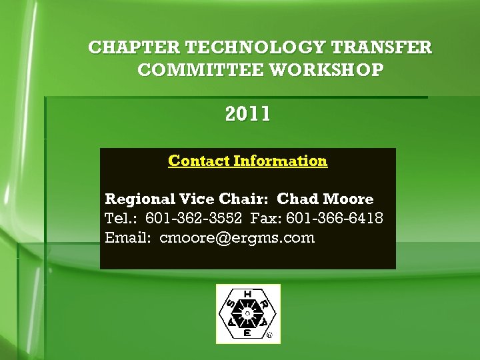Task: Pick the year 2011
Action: click(248, 115)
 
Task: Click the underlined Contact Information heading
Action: click(248, 161)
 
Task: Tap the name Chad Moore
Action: click(325, 199)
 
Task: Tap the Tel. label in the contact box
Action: click(121, 218)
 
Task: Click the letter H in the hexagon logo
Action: click(248, 293)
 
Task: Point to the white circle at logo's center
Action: click(248, 313)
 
